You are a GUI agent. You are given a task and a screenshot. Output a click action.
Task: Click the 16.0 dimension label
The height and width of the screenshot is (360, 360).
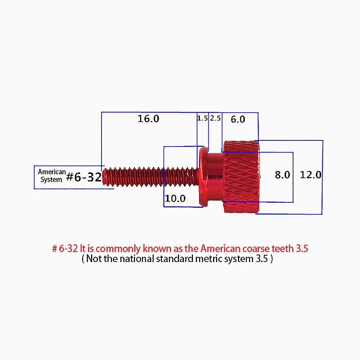148,119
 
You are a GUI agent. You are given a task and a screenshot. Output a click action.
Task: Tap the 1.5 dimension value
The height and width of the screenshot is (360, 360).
202,118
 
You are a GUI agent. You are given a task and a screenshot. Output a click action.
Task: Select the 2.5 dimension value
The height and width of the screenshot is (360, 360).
215,118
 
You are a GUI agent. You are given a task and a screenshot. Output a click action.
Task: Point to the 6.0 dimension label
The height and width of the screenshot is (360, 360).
238,119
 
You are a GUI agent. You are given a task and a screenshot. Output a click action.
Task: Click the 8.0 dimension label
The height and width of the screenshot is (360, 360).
282,175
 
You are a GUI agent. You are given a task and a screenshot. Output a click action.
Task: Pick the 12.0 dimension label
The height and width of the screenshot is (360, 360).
311,175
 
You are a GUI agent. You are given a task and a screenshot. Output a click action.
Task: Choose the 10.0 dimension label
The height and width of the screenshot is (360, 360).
175,198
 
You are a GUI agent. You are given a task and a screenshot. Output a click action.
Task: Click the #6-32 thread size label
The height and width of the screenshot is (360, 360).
84,177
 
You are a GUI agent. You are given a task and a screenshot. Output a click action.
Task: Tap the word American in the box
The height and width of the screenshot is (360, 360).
52,172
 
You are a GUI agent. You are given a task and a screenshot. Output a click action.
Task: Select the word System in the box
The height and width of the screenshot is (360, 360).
51,180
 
